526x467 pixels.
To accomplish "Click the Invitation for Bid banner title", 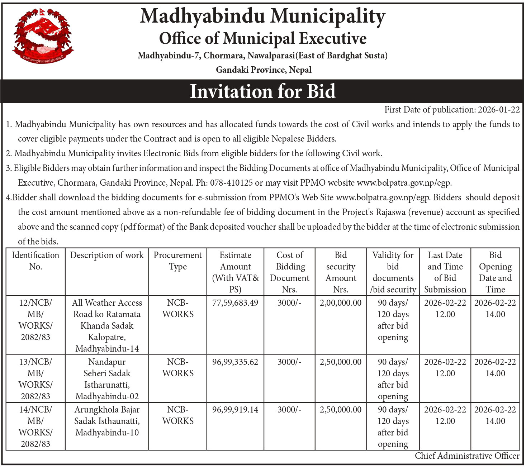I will coord(262,91).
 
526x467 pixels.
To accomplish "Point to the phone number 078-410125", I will coord(231,183).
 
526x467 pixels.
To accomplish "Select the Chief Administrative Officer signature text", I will coord(467,456).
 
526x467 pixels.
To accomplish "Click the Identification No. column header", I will coord(35,261).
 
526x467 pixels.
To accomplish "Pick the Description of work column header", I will coord(107,255).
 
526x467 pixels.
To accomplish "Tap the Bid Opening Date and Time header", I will coord(495,272).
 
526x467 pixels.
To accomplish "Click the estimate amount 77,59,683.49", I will coord(235,303).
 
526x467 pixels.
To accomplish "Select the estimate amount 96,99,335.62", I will coord(235,362).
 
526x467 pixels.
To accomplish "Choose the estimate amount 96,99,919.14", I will coord(235,410).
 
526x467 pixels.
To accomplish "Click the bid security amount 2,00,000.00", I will coord(341,303).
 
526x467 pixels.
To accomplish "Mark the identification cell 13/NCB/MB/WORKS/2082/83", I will coord(35,379).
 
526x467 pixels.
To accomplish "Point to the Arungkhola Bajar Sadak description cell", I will coord(107,421).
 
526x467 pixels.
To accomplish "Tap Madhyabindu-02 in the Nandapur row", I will coord(107,396).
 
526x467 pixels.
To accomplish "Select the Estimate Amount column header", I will coord(235,272).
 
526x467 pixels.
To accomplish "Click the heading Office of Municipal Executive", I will coord(262,39).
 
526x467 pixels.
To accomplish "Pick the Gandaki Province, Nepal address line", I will coord(264,70).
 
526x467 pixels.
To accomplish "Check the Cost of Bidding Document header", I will coord(290,272).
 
